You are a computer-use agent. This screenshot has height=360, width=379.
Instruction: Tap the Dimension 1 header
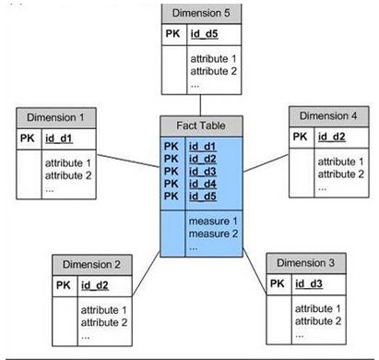tap(55, 117)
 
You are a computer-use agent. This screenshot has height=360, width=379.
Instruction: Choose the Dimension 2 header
tap(90, 262)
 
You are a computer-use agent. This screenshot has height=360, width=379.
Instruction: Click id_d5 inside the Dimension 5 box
tap(204, 35)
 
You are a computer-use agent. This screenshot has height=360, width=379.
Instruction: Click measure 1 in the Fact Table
tap(213, 222)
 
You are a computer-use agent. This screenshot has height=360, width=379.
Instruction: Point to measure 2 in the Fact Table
tap(213, 234)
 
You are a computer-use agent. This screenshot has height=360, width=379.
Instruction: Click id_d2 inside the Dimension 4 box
tap(329, 138)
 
